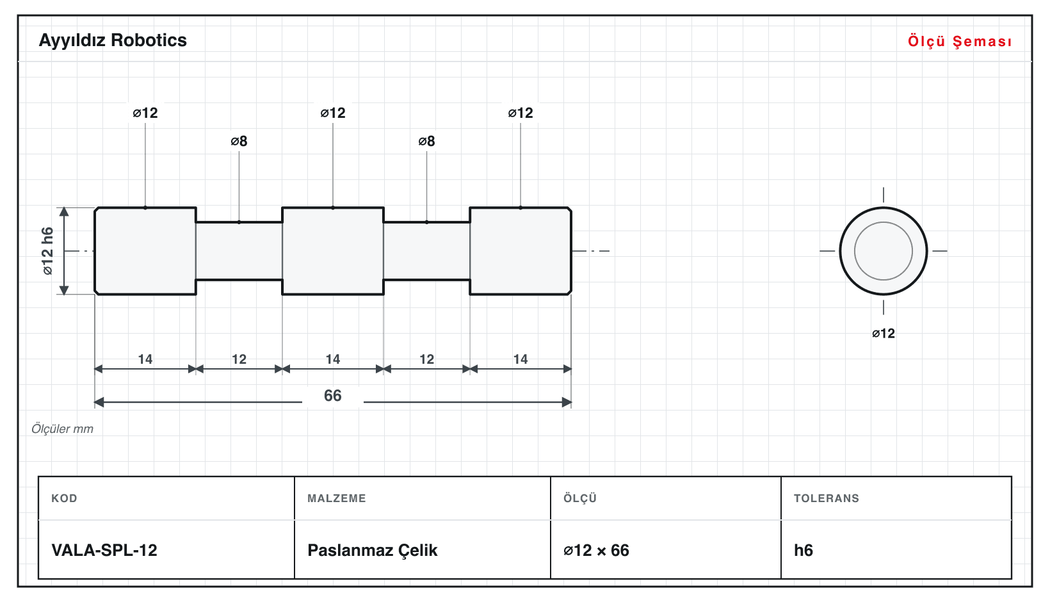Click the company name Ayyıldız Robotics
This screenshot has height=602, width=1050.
pos(113,41)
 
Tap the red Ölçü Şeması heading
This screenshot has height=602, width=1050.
pos(960,41)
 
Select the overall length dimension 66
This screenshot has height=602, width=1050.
pos(332,396)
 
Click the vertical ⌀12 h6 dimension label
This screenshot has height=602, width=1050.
pos(47,251)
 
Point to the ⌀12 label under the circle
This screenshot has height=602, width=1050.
pos(883,334)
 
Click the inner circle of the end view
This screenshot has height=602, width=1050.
pos(883,222)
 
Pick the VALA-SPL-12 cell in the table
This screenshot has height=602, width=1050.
pos(104,550)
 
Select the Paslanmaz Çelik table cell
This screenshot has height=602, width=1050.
pos(372,550)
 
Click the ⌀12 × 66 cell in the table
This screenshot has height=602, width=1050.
pos(596,550)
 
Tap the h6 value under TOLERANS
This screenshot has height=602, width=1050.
pos(803,550)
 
